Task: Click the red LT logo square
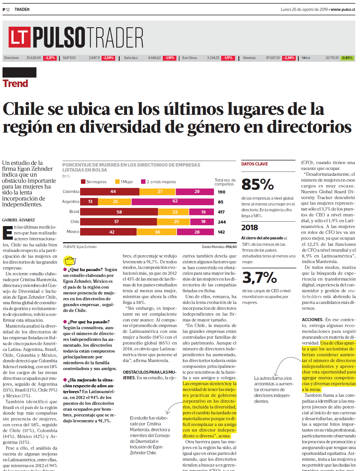pos(19,37)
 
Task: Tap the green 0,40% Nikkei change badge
pos(347,58)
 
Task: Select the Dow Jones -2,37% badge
pos(50,58)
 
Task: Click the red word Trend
pos(15,83)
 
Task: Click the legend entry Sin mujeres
pos(94,182)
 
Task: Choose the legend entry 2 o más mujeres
pos(158,182)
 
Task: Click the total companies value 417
pos(221,212)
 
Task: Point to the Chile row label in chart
pos(75,222)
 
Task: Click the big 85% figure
pos(258,184)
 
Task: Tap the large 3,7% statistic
pos(259,277)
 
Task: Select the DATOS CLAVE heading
pos(255,164)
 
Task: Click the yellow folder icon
pos(70,261)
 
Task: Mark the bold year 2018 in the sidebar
pos(250,228)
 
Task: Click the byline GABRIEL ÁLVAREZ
pos(19,220)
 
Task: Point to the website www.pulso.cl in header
pos(343,9)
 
